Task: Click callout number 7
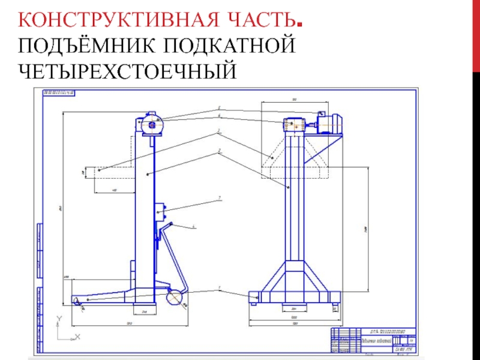220,197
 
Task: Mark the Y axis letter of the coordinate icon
59,319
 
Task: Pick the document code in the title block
384,331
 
